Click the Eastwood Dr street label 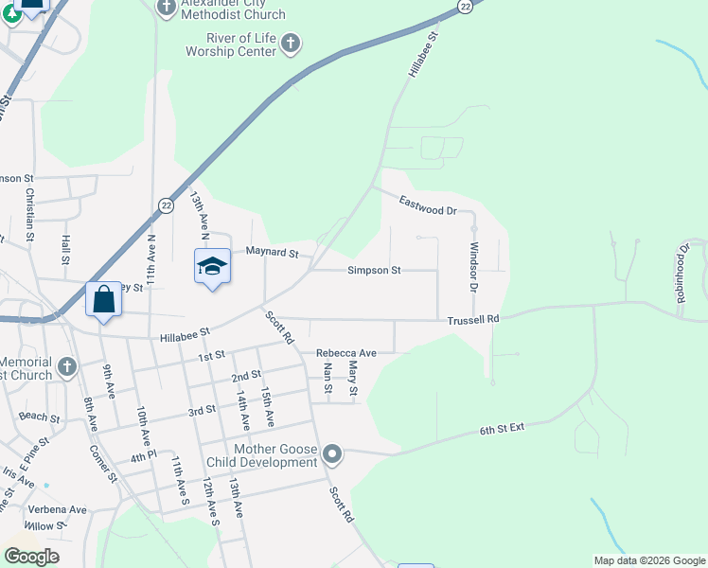click(428, 203)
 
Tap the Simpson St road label click(374, 271)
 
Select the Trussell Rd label click(473, 320)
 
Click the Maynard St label click(272, 254)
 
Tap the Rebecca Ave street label click(346, 353)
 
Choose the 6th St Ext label click(502, 431)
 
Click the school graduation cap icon click(213, 266)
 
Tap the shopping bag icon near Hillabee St click(104, 300)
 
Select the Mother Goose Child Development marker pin click(331, 455)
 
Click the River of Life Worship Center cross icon click(291, 43)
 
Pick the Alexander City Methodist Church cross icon click(167, 9)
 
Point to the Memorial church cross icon click(65, 366)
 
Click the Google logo click(31, 557)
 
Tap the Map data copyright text click(648, 560)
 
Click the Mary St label click(353, 379)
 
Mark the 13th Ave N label click(197, 213)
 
